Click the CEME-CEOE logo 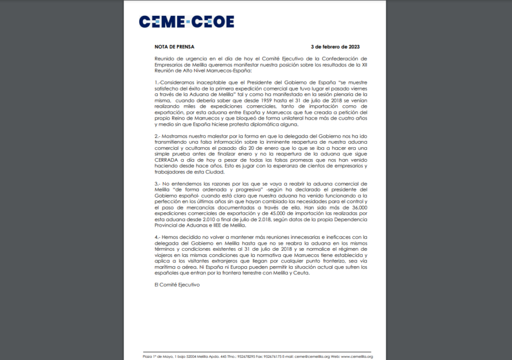point(187,21)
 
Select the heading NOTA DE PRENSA point(174,47)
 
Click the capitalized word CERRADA point(166,160)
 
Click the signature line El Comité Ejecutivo point(177,285)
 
